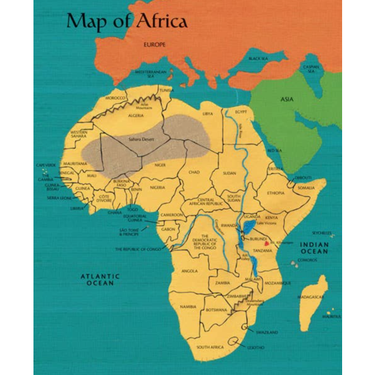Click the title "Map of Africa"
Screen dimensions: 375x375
tap(126, 21)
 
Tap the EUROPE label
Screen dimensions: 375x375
tap(155, 44)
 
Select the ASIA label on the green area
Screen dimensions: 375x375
tap(287, 99)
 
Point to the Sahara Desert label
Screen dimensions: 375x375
tap(141, 139)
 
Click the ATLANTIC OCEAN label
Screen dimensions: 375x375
tap(100, 280)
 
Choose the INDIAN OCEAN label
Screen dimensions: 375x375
tap(314, 247)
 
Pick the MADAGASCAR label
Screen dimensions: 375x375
tap(311, 297)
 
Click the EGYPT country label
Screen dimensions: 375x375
tap(241, 111)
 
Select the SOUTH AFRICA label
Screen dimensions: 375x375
tap(210, 347)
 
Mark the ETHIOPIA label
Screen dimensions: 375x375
tap(275, 193)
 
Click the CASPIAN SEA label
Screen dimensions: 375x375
tap(311, 69)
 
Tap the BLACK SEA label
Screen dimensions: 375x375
tap(258, 58)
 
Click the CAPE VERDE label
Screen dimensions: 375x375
tap(45, 165)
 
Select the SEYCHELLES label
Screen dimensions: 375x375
tap(322, 233)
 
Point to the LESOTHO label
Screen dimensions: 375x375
tap(256, 347)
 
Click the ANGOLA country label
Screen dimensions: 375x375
tap(189, 271)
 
